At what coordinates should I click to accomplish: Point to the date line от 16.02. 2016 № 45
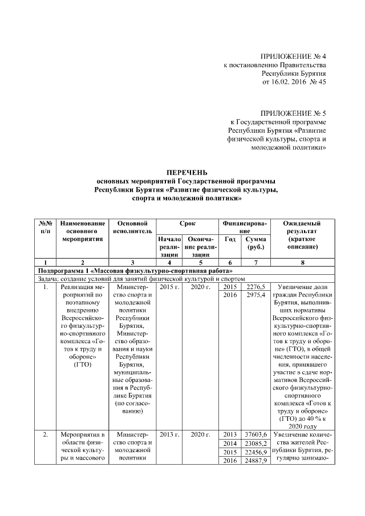point(294,82)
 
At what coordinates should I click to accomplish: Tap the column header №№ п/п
point(45,228)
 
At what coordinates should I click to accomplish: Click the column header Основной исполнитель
point(132,228)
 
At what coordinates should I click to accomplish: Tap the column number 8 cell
point(302,262)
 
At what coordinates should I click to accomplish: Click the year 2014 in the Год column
point(230,444)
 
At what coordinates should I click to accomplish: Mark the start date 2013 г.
point(169,435)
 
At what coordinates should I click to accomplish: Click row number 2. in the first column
point(45,435)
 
